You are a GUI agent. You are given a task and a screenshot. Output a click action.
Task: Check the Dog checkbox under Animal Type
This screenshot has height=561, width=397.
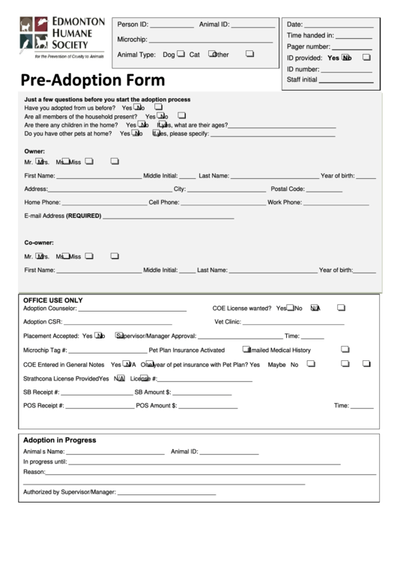(181, 54)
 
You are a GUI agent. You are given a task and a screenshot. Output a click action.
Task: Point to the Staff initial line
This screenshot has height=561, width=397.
(346, 80)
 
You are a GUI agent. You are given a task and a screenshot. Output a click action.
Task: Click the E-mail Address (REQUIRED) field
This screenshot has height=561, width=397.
(168, 217)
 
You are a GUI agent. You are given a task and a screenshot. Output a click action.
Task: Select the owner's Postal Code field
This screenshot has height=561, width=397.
(325, 190)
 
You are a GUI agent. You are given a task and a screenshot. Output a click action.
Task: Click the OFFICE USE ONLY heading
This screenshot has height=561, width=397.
(53, 300)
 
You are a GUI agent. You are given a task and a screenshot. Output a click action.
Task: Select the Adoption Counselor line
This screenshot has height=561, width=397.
(133, 309)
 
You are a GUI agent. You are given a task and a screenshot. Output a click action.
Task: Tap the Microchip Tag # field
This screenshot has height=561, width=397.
(109, 351)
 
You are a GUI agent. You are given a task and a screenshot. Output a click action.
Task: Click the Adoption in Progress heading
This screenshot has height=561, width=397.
(59, 440)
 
